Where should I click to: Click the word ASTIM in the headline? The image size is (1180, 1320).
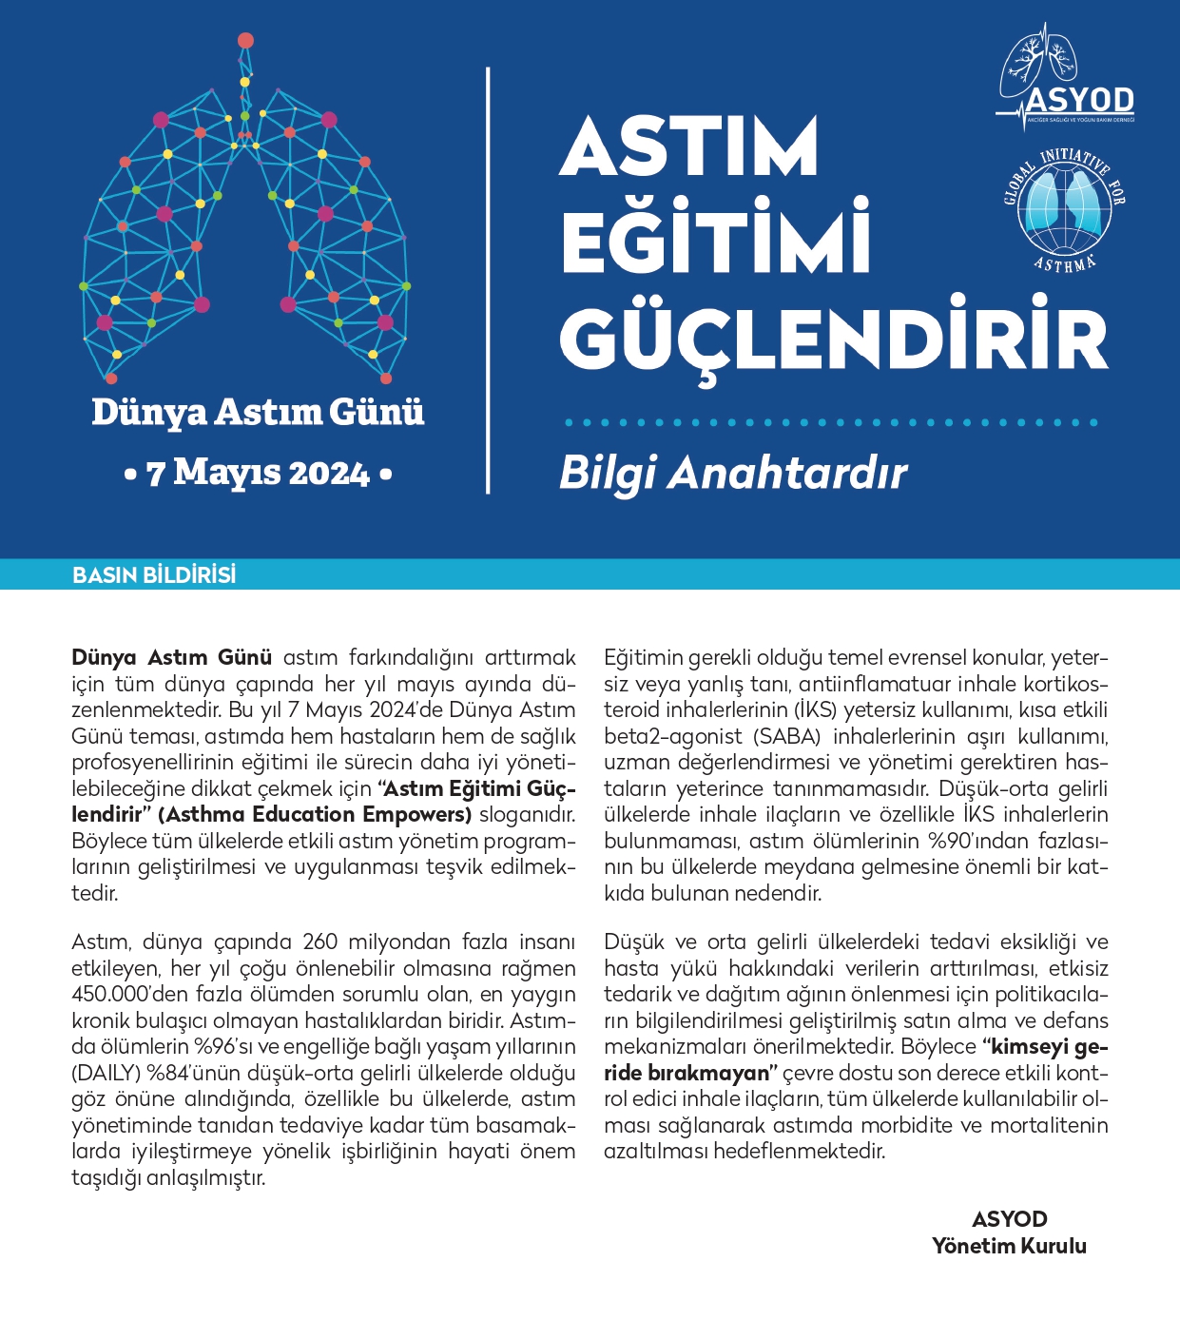(689, 146)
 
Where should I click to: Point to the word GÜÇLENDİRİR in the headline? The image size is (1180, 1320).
(834, 338)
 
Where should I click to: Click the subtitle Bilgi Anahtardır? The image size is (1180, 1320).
(733, 473)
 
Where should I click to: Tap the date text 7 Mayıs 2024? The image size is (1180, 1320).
(258, 473)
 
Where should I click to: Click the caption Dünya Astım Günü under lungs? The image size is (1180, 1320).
(258, 413)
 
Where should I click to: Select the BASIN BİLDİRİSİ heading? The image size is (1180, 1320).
(154, 575)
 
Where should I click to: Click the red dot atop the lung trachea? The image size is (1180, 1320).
(245, 41)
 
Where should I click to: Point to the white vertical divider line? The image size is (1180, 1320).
(488, 281)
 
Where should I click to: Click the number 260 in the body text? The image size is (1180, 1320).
(320, 942)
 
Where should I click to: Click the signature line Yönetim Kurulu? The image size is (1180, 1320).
(1009, 1246)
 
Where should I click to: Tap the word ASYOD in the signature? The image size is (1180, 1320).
(1010, 1219)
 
